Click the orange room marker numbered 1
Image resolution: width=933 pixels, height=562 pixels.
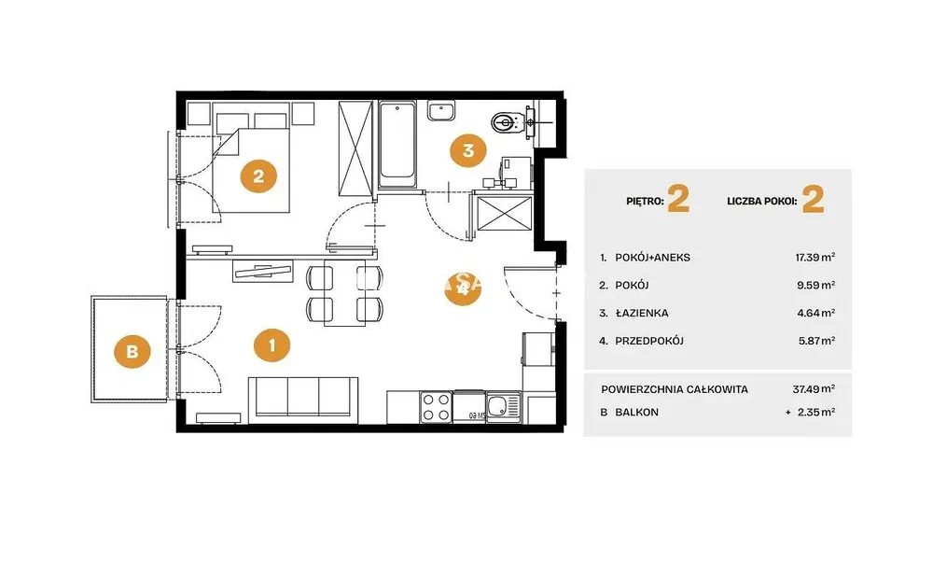(272, 345)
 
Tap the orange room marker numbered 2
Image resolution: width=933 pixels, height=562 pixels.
(258, 176)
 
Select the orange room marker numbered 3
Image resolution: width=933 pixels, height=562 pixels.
(467, 150)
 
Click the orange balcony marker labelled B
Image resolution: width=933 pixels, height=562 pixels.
(132, 351)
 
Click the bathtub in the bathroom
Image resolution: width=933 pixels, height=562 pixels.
(397, 144)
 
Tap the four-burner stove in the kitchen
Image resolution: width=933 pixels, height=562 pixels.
(436, 407)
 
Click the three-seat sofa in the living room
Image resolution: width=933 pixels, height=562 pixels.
(303, 397)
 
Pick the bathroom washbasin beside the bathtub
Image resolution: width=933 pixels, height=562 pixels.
(441, 111)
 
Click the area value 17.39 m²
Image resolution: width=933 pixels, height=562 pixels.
(815, 257)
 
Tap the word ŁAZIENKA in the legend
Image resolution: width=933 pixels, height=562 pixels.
(642, 313)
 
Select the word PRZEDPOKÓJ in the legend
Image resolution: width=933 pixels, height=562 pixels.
(649, 341)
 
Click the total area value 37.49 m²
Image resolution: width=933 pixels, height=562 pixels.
(814, 388)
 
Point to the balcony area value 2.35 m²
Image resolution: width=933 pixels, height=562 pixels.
(815, 412)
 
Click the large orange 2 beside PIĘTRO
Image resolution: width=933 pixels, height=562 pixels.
(678, 199)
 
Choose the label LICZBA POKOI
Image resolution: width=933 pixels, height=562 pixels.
(761, 202)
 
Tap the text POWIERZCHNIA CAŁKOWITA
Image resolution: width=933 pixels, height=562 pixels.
(675, 389)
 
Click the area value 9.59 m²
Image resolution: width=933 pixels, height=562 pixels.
(815, 285)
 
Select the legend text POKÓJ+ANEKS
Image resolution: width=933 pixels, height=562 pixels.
(652, 257)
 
